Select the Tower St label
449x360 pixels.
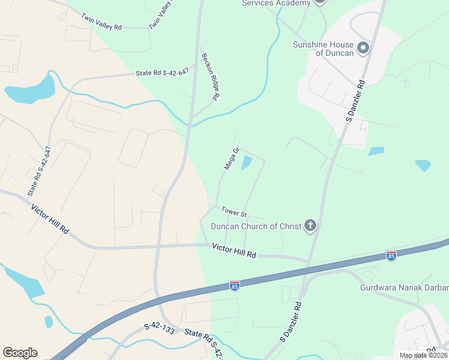234,212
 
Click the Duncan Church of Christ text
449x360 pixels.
256,226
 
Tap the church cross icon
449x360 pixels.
310,226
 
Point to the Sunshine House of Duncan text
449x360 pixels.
323,48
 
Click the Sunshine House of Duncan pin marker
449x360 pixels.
363,47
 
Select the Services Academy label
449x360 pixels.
276,3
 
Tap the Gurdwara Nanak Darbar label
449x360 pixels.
404,287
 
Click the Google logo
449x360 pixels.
20,353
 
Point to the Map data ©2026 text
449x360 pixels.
423,355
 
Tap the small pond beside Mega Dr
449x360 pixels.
246,162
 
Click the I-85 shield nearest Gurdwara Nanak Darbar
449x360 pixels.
391,255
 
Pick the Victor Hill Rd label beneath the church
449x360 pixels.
234,250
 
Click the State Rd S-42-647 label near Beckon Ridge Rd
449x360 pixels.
162,72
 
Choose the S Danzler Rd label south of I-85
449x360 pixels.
290,322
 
